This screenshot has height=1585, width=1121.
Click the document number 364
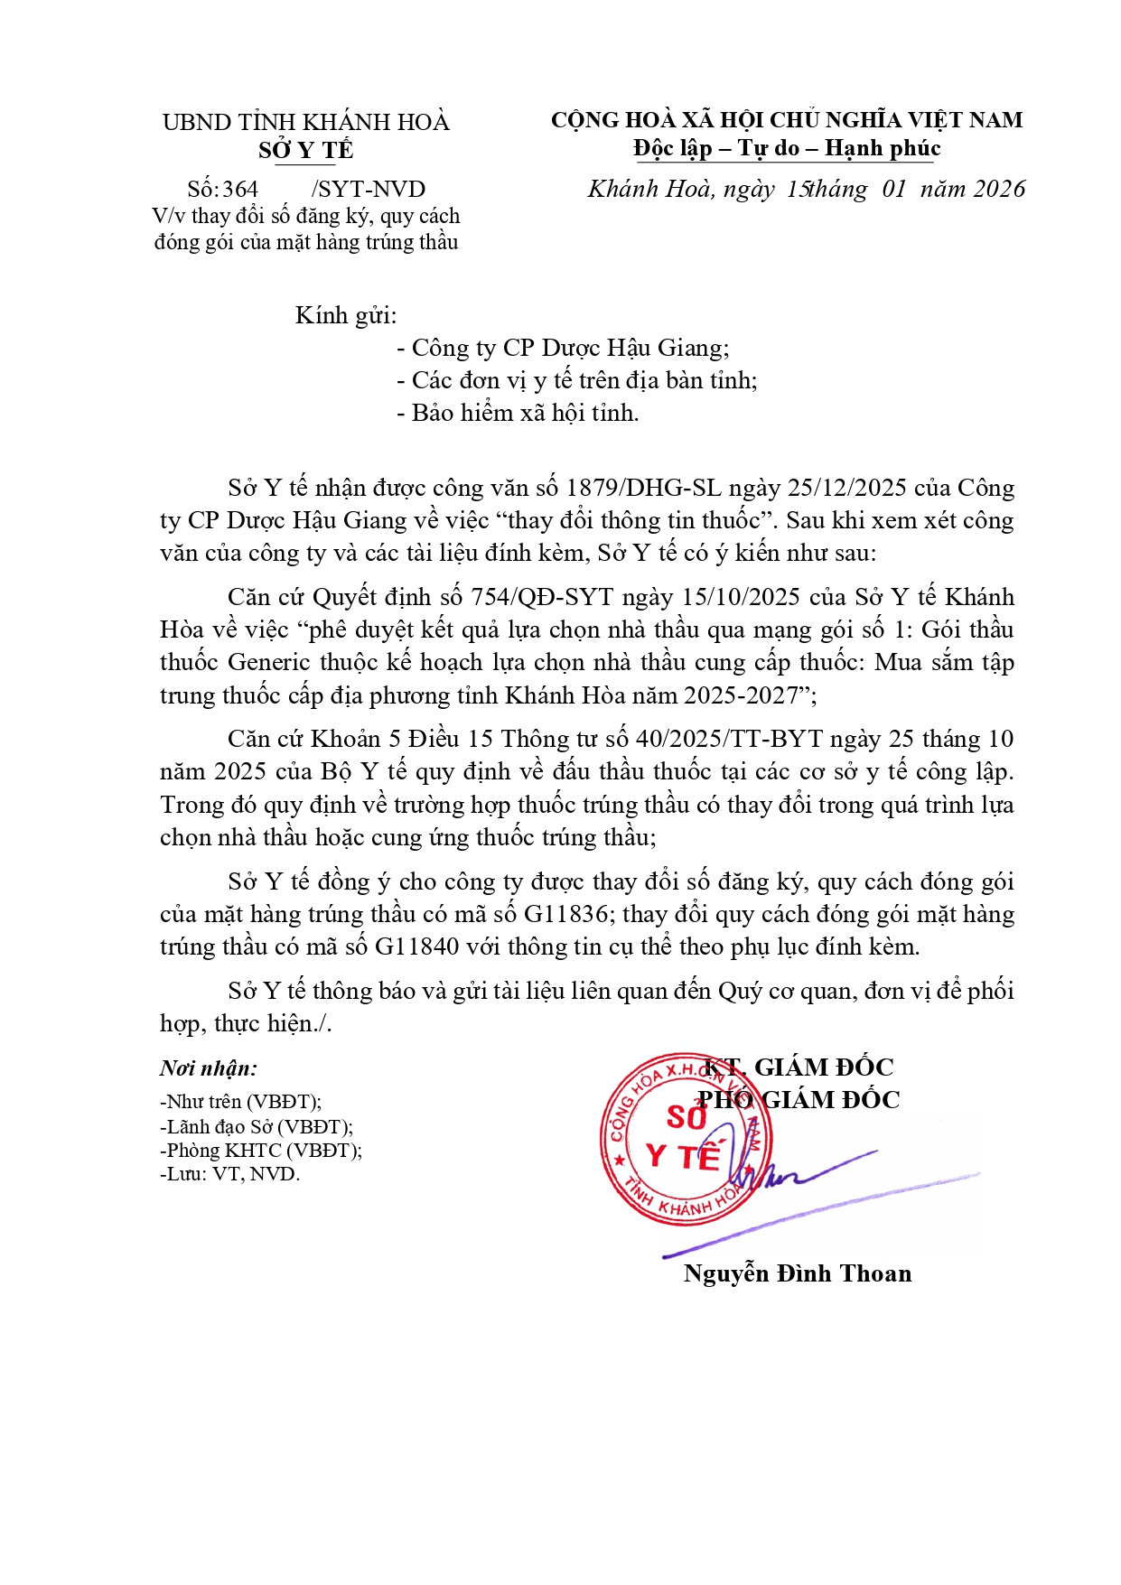(240, 190)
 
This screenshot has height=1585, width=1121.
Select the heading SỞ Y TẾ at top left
(305, 150)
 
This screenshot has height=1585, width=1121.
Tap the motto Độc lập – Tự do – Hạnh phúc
(787, 148)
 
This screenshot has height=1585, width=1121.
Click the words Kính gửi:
(346, 315)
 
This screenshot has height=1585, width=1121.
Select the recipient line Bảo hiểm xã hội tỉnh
(518, 413)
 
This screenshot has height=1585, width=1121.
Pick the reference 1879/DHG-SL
(643, 488)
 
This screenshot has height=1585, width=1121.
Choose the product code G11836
(565, 914)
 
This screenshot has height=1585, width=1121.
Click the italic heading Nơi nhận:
(209, 1068)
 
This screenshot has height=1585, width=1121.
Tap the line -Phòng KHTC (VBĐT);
(261, 1151)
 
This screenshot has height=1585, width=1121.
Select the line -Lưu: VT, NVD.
(229, 1174)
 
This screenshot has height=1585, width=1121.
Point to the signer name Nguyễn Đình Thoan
(797, 1273)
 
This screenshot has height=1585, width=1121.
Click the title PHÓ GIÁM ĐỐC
(799, 1100)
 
